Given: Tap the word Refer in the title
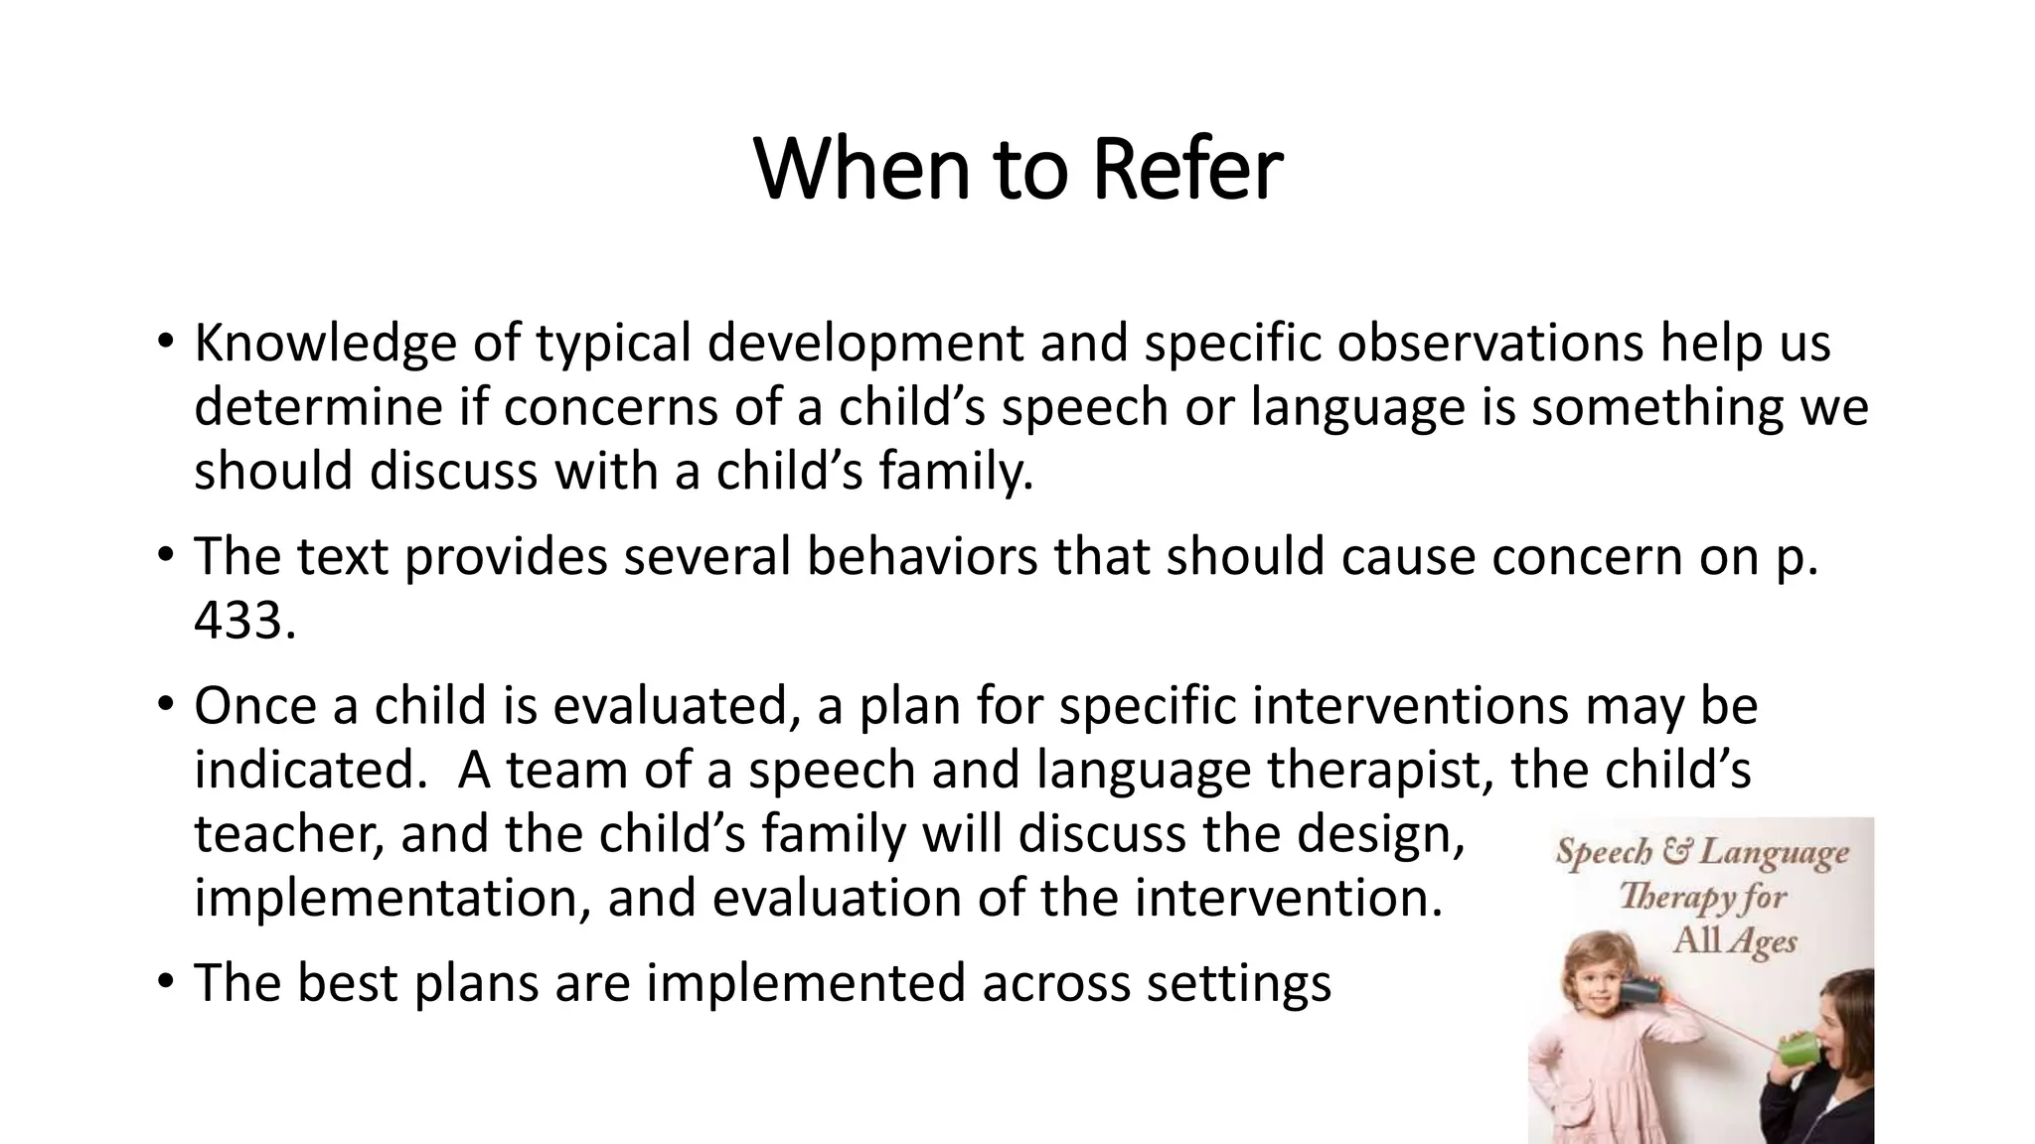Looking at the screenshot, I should click(x=1187, y=169).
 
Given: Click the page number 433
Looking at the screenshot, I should click(x=243, y=622).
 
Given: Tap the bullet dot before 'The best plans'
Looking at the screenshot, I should click(x=165, y=983).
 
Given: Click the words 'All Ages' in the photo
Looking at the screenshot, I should click(x=1734, y=940).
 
